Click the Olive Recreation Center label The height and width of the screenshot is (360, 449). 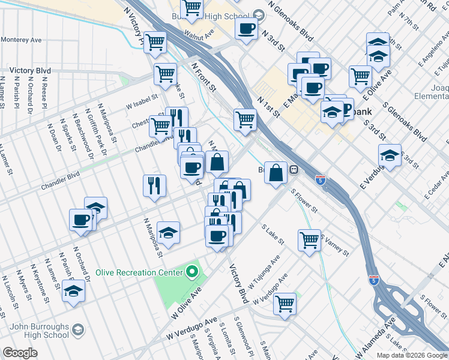(x=139, y=272)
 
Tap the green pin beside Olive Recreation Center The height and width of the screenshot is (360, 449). (x=192, y=272)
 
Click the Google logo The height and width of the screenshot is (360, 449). (x=20, y=353)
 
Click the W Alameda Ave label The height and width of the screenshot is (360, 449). (x=376, y=339)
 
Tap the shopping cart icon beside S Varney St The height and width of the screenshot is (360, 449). (x=309, y=239)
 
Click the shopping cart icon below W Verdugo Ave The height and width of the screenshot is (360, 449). (x=285, y=302)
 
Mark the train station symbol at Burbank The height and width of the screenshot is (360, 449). (x=294, y=170)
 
